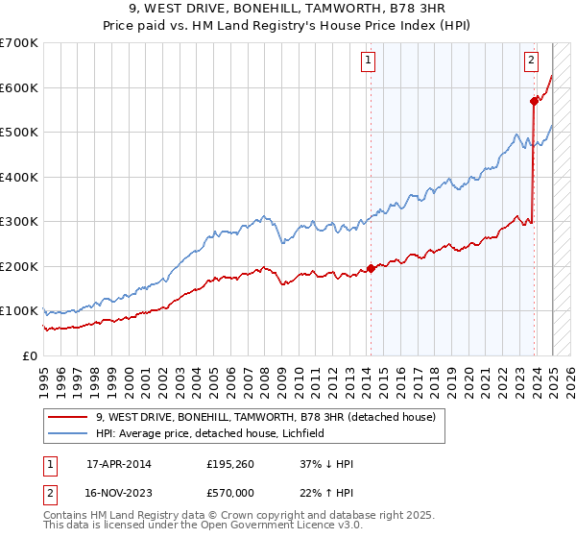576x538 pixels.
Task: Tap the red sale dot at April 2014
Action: [371, 269]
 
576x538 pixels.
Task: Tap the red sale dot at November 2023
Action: [534, 101]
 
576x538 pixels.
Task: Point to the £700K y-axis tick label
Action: [19, 43]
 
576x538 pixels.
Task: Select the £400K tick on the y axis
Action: [19, 177]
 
